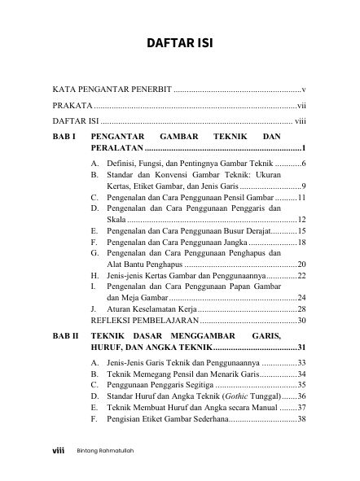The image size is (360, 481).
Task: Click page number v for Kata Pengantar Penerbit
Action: [303, 87]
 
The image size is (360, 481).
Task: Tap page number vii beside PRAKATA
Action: [301, 105]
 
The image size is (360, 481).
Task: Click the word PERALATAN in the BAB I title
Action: [116, 148]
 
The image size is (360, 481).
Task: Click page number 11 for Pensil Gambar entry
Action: [301, 197]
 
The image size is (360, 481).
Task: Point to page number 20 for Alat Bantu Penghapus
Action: [301, 265]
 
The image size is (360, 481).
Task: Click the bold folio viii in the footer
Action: [58, 450]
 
